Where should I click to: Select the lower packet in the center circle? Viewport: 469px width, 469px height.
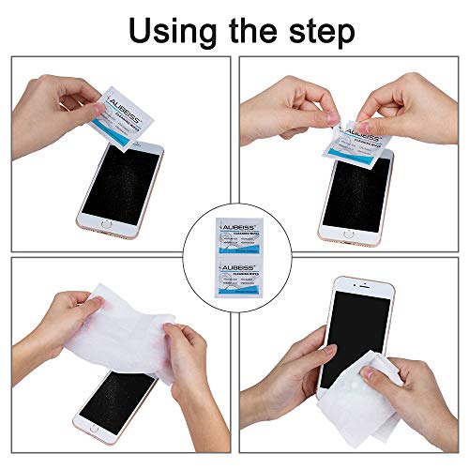(234, 280)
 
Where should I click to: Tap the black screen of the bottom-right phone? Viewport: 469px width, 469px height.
(350, 338)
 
